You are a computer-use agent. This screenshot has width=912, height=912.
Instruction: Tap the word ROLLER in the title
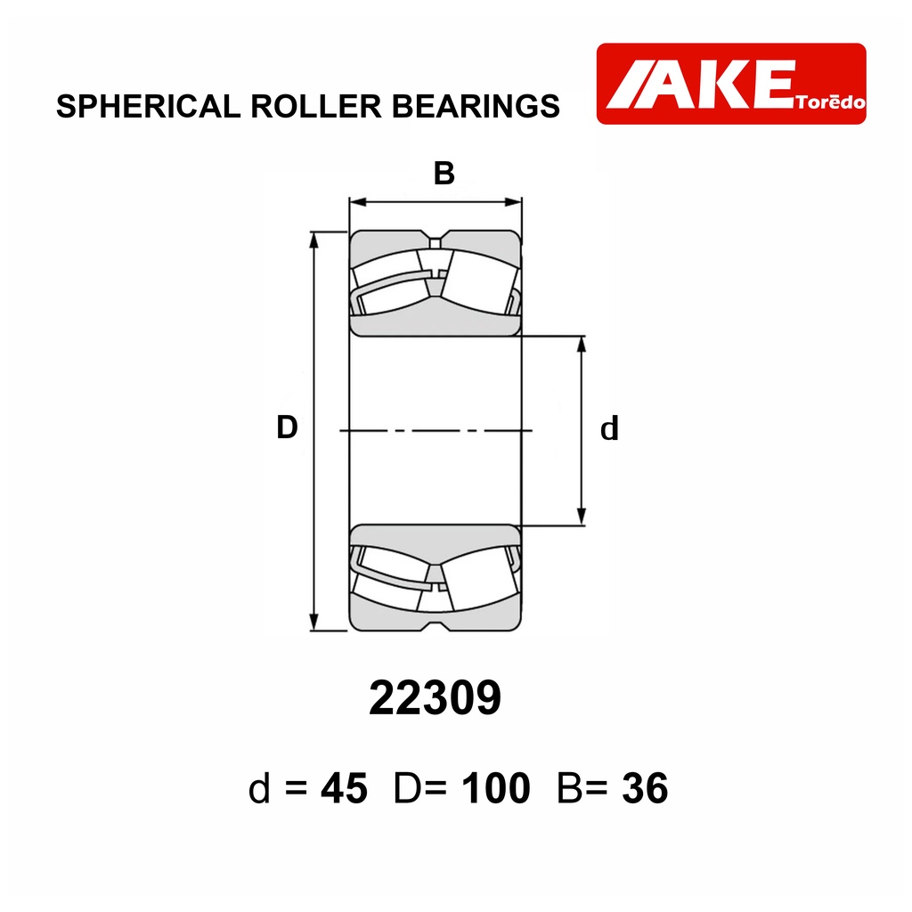point(316,107)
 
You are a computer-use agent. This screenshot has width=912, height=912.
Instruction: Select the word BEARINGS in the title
point(476,107)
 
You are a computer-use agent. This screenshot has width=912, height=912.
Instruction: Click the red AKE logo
point(731,84)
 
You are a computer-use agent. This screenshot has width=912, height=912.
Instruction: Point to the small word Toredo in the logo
point(831,102)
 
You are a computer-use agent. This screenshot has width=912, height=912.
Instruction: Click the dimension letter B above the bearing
point(444,174)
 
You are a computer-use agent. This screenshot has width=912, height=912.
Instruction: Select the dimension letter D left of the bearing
point(287,427)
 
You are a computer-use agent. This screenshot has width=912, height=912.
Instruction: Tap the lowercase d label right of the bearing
point(609,429)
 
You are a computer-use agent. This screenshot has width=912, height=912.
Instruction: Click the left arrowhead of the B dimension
point(358,202)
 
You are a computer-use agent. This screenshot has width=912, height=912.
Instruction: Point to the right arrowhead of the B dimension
point(513,202)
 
